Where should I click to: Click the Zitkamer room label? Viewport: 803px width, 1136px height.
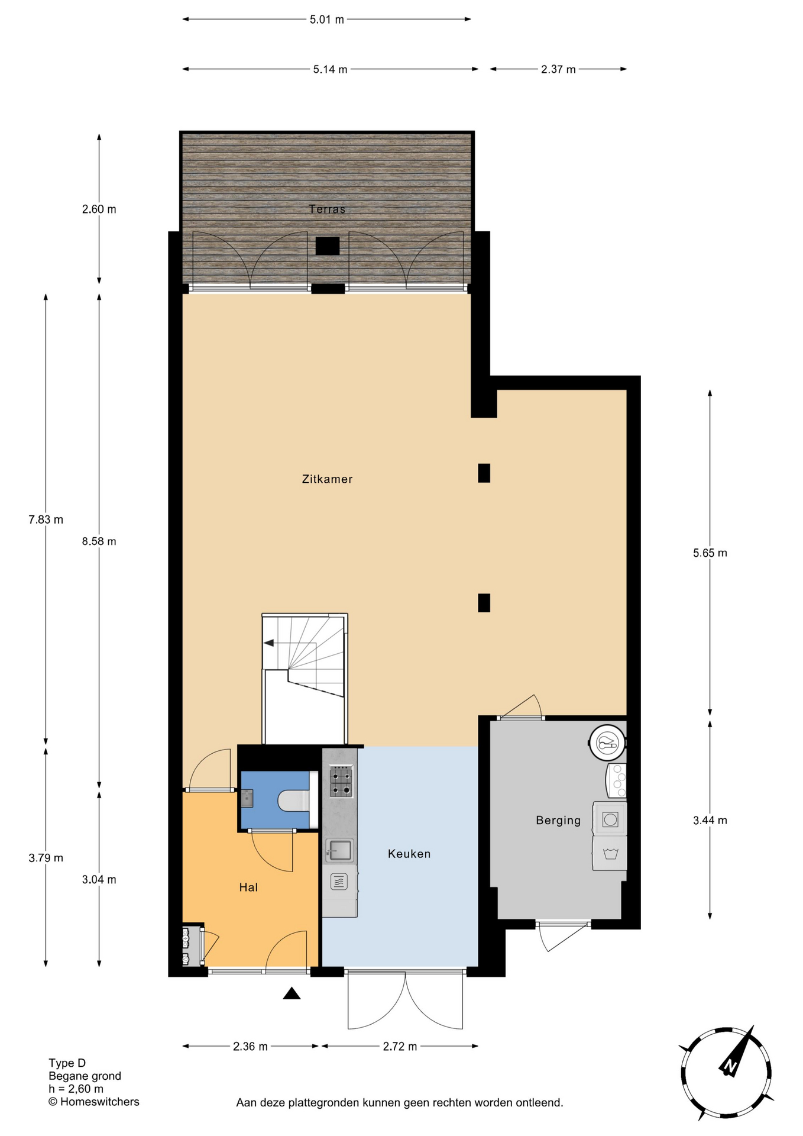point(327,479)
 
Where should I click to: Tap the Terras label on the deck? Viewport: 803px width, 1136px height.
point(327,209)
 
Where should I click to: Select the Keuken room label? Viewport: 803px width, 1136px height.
point(409,854)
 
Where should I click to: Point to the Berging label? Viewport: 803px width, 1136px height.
point(558,821)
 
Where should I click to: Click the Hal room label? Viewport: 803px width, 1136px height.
point(248,887)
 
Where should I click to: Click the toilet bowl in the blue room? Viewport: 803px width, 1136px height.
point(293,801)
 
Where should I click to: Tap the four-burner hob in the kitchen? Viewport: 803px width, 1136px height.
point(341,782)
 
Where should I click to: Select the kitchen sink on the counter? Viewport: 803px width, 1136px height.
point(340,851)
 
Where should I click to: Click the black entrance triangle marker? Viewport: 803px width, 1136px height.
point(292,993)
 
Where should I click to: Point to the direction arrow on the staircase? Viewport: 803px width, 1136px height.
point(269,643)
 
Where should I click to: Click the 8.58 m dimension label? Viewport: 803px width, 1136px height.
point(99,541)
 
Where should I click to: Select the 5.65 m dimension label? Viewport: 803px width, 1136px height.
point(710,553)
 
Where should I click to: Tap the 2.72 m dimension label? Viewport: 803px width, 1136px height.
point(400,1047)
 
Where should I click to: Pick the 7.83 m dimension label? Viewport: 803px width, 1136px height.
point(46,520)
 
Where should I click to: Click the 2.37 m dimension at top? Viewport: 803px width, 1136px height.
point(558,69)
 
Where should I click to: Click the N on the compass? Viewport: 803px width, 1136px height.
point(730,1067)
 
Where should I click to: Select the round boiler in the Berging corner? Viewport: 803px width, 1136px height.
point(607,743)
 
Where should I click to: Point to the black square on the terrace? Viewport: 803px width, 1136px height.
point(327,246)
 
